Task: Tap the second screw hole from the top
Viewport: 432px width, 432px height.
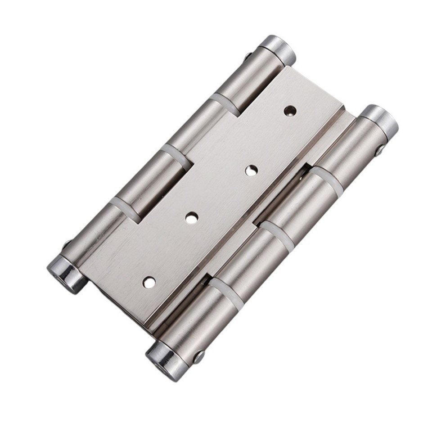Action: point(251,170)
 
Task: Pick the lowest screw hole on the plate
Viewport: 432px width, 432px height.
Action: point(149,282)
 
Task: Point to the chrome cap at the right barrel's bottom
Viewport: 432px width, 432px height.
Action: point(164,358)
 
